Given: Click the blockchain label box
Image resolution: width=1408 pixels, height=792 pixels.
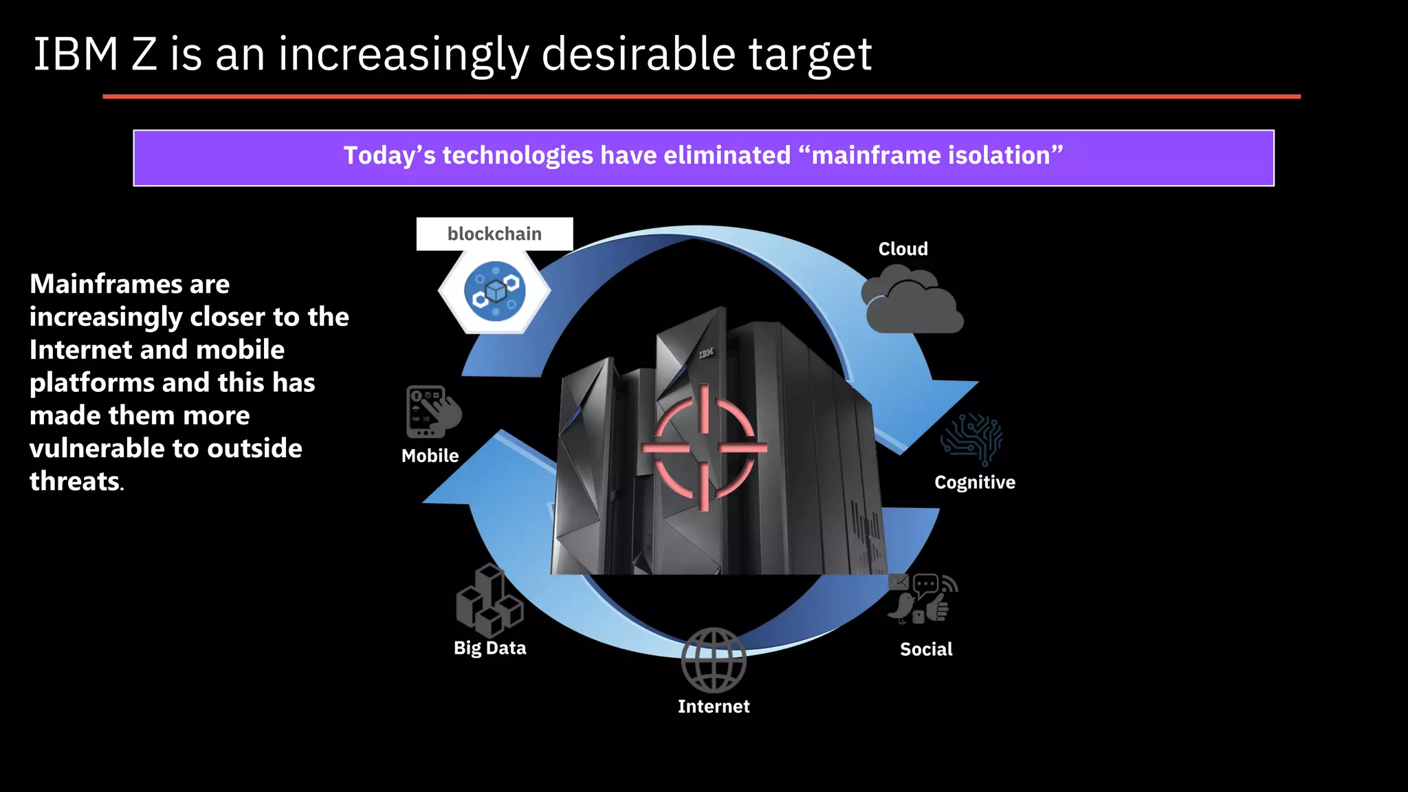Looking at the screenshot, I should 494,234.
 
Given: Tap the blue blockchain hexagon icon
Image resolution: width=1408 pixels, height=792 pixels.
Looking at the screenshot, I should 495,291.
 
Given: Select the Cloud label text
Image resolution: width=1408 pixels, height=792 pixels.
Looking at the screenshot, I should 903,249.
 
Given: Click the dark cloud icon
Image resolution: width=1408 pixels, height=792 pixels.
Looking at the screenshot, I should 912,302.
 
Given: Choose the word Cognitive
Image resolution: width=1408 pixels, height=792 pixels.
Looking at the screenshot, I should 974,482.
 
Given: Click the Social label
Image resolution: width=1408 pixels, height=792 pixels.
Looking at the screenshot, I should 926,649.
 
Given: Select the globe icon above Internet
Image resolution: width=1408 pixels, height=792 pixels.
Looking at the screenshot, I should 714,660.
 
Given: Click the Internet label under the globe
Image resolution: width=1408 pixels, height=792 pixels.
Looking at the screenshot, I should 714,706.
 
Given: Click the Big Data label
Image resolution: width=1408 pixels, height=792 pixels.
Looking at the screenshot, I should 489,648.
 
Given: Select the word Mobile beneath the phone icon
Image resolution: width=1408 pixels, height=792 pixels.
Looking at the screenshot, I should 430,455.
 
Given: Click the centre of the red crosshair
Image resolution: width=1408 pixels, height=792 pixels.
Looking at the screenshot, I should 704,448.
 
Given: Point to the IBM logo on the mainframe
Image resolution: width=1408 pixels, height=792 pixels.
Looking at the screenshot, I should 706,353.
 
